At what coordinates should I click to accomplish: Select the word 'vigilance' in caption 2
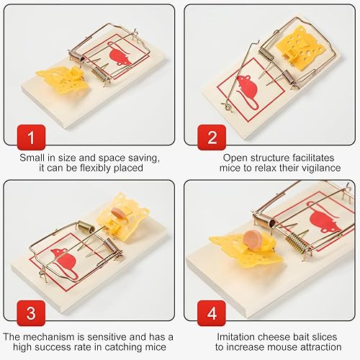(x=318, y=168)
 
